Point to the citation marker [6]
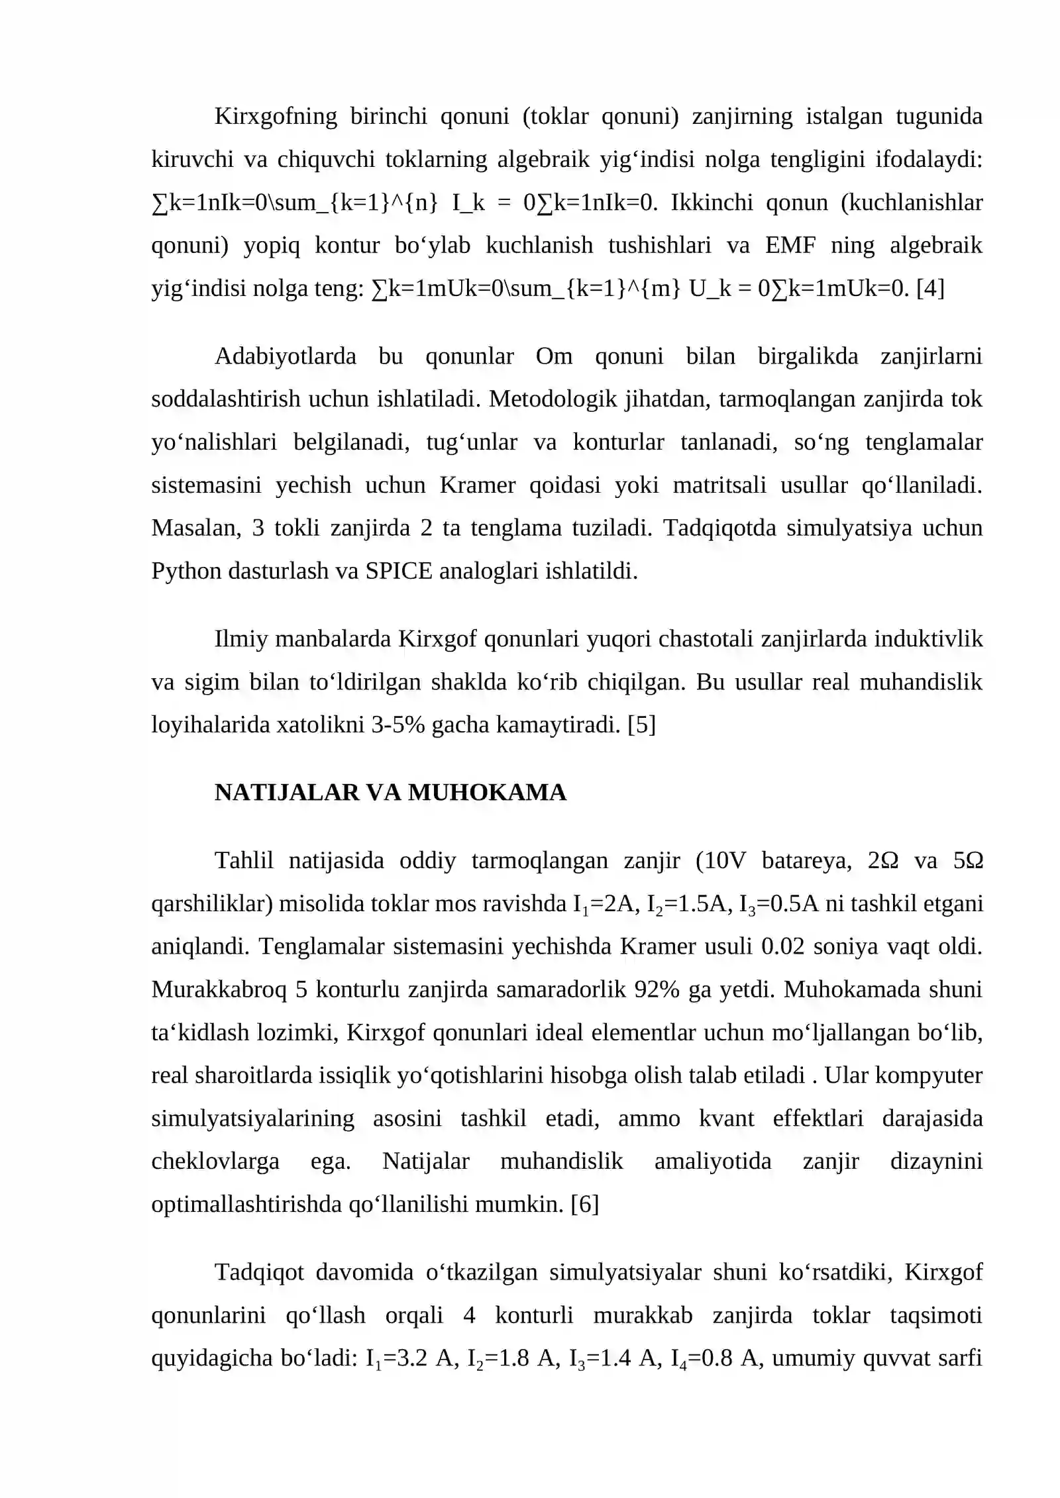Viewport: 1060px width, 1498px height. point(584,1203)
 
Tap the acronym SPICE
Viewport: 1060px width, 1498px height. point(398,571)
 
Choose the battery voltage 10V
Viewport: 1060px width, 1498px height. point(726,861)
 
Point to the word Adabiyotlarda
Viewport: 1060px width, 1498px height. point(285,356)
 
